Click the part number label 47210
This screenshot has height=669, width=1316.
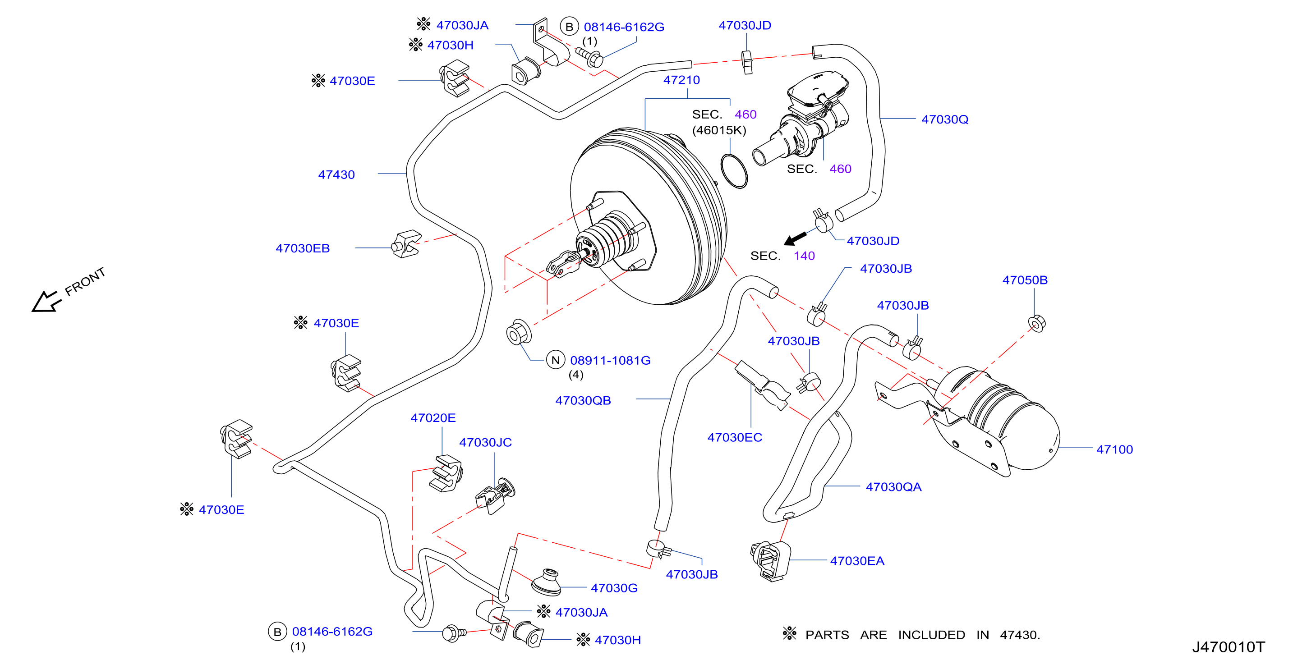click(x=681, y=80)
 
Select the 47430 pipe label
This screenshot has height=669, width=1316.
click(x=336, y=174)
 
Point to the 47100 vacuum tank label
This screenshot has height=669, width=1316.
click(x=1114, y=449)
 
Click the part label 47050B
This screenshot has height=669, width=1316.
click(x=1025, y=280)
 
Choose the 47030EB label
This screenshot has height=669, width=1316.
click(x=303, y=248)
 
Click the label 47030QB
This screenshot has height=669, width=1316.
click(x=583, y=400)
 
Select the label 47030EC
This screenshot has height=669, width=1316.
click(x=735, y=437)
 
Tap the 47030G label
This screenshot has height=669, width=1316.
click(x=614, y=588)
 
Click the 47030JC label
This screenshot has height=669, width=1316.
click(x=485, y=442)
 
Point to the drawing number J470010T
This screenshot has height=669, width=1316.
click(x=1228, y=647)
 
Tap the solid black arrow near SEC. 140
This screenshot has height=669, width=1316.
click(x=795, y=238)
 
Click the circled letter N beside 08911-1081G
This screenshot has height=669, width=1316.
click(x=556, y=360)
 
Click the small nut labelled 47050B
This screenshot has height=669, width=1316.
click(x=1036, y=323)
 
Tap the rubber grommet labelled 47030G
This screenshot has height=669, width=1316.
click(x=547, y=582)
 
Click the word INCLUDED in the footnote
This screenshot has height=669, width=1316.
click(x=931, y=635)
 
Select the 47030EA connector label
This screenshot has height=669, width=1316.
click(x=857, y=561)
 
